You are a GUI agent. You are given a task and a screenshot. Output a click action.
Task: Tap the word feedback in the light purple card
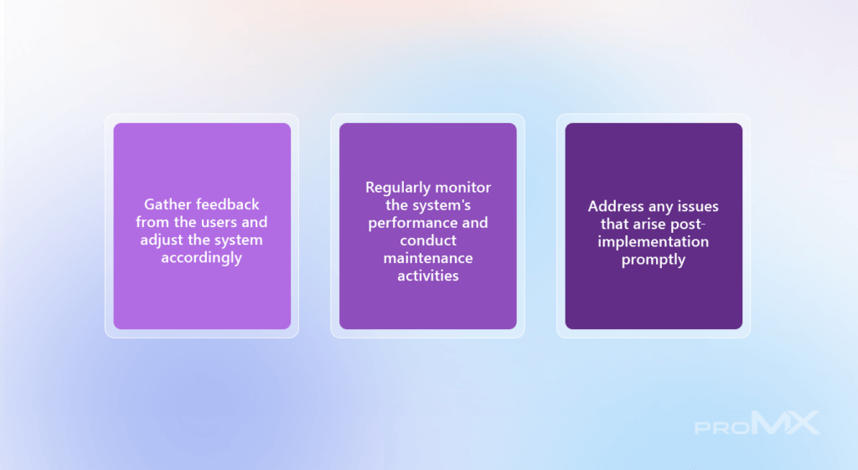click(x=228, y=204)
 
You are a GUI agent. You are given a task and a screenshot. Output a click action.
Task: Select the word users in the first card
click(x=220, y=222)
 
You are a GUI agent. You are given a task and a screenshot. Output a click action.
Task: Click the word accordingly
click(x=201, y=258)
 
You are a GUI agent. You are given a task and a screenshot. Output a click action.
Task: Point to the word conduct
click(x=428, y=240)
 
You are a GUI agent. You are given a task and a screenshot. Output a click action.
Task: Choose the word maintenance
click(x=428, y=258)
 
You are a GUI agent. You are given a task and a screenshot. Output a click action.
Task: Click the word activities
click(x=428, y=276)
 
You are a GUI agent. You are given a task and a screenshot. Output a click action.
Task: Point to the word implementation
click(x=654, y=242)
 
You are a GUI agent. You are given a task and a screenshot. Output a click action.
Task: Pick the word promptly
click(x=654, y=260)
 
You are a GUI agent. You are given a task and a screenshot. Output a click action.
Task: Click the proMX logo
click(x=757, y=423)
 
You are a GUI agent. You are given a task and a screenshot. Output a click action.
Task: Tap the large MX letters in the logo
click(x=786, y=422)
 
